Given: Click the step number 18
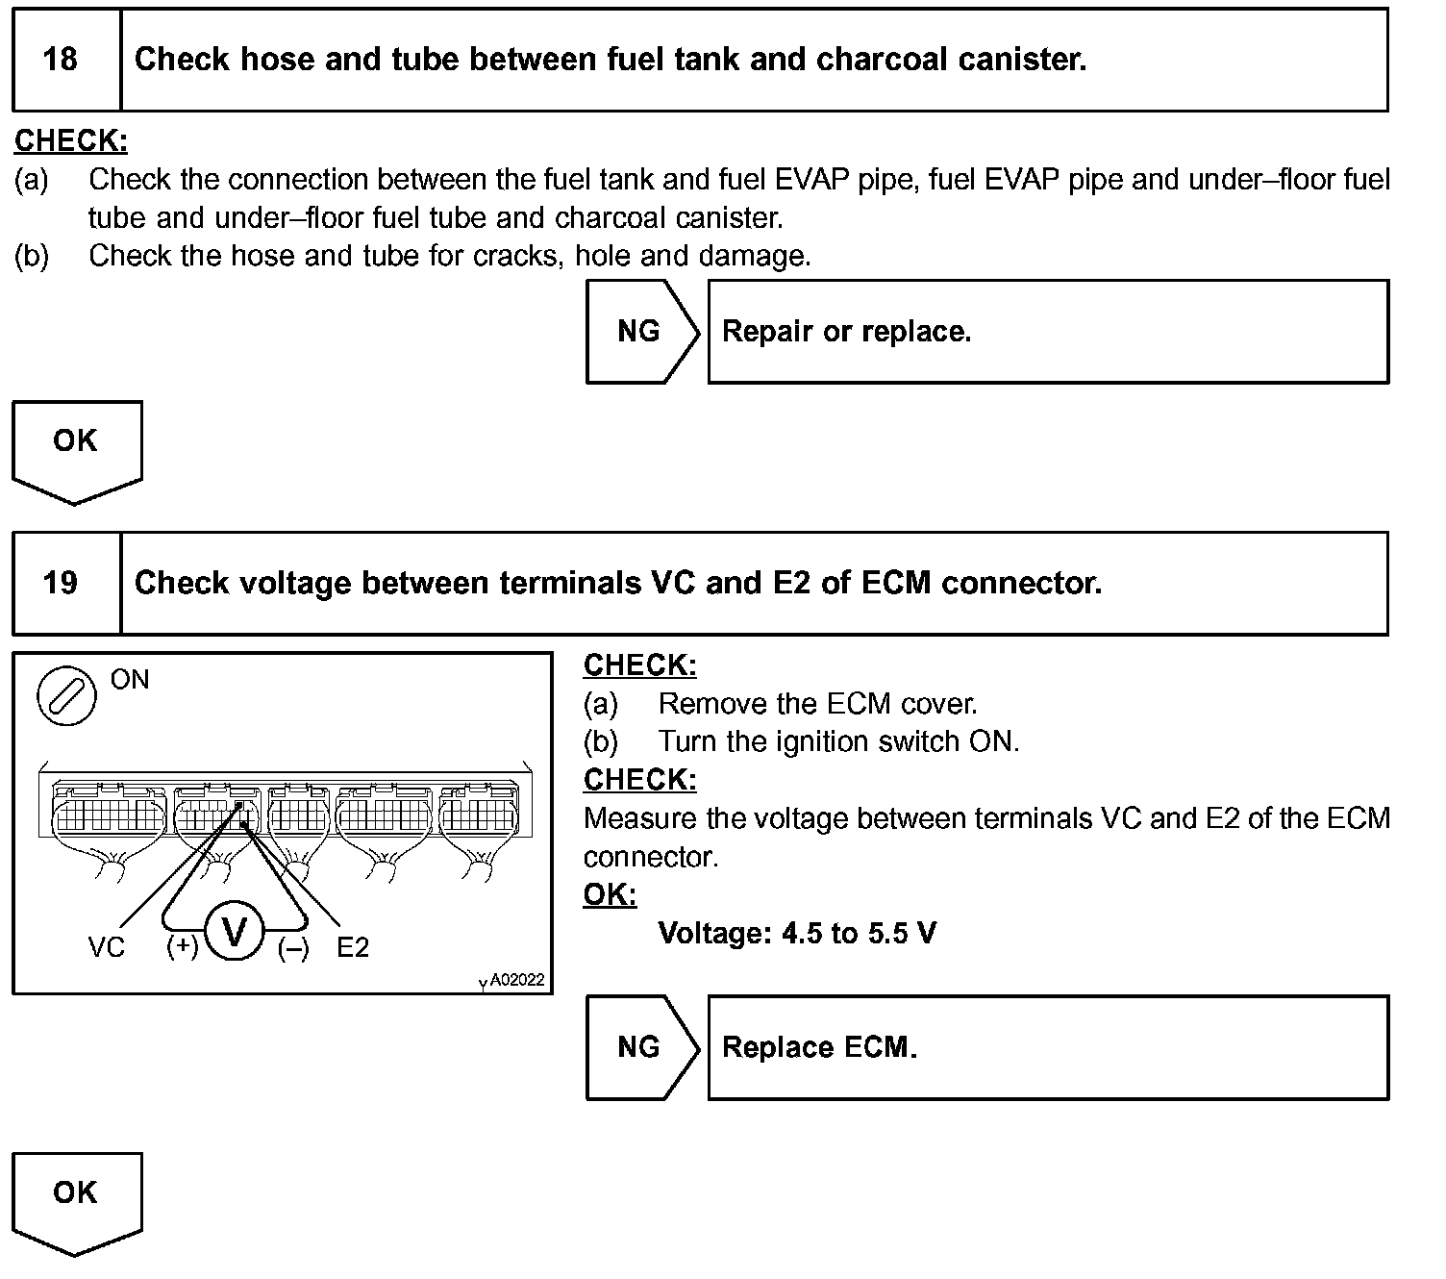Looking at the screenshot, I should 60,60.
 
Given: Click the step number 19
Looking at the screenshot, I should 60,583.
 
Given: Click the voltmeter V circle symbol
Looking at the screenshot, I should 235,931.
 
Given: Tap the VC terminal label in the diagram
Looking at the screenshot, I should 106,947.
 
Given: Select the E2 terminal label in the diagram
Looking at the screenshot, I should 353,947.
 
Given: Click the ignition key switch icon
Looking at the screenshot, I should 66,695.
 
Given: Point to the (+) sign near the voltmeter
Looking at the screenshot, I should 182,946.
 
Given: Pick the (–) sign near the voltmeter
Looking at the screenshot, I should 293,949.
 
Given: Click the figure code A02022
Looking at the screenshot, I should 516,980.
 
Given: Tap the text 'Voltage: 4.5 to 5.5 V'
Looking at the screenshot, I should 797,933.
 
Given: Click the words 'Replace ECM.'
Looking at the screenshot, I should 819,1047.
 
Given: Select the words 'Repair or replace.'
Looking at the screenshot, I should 846,332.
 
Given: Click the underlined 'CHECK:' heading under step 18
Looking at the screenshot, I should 71,141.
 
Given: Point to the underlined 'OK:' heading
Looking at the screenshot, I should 610,894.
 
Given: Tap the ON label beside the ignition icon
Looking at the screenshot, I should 130,679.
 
